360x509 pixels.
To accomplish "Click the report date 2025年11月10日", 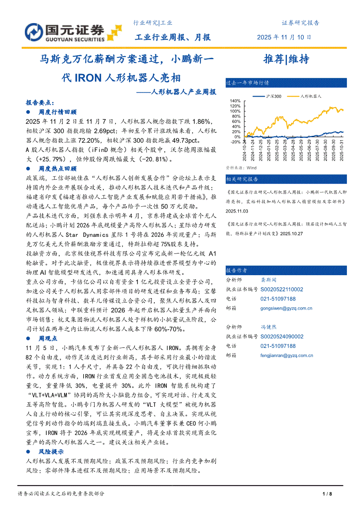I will (x=285, y=37).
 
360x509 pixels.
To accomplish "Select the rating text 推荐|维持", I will (x=286, y=59).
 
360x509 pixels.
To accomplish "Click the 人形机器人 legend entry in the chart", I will (x=311, y=96).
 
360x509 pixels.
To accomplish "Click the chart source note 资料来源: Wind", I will (x=241, y=168).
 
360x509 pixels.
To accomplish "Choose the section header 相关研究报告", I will (x=242, y=179).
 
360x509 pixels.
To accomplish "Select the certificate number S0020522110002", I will (x=282, y=289).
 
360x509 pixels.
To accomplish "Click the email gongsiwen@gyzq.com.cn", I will (x=286, y=308).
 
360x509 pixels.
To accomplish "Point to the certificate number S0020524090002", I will (x=282, y=336).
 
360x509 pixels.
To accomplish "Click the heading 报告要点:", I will (x=40, y=103).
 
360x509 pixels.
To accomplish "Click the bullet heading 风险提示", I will (x=51, y=452).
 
